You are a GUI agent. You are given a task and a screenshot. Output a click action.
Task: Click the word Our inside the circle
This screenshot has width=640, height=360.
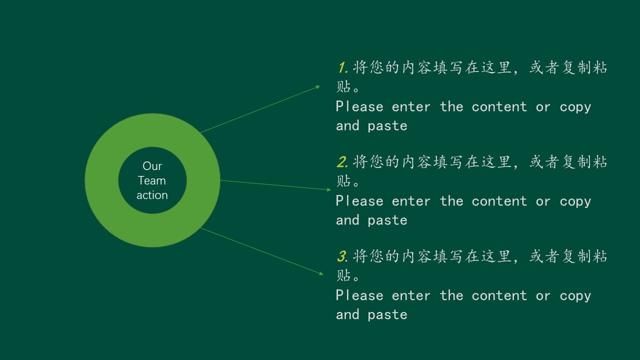[152, 166]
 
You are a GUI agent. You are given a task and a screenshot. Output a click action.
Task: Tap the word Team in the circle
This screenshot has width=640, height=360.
[151, 180]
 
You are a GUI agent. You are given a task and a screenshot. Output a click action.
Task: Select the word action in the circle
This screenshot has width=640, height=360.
[152, 195]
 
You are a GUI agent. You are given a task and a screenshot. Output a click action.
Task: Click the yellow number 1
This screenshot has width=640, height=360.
[342, 67]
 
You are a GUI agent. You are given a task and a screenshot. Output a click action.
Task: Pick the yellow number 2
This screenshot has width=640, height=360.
[342, 162]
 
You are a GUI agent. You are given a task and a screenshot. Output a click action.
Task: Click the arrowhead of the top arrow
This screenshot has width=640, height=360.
[317, 87]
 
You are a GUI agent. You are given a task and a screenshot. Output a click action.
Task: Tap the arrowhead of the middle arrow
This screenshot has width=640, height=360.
[329, 189]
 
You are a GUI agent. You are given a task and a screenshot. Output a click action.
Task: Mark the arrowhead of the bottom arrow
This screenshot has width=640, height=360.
[321, 273]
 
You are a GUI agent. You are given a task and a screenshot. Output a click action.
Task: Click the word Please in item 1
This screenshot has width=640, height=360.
[359, 106]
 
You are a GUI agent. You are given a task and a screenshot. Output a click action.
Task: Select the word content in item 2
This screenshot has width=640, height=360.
[499, 201]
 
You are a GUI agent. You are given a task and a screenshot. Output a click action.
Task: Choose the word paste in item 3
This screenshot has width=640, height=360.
[387, 315]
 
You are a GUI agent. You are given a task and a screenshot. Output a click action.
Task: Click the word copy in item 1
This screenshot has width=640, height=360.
[575, 107]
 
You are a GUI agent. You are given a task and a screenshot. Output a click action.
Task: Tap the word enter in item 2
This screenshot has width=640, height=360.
[411, 201]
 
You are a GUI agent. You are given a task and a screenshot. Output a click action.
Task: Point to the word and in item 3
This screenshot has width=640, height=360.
[347, 314]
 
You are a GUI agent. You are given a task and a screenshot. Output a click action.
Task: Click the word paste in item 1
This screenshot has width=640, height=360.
[387, 126]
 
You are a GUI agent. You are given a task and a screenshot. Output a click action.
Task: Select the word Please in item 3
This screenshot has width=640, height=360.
[359, 295]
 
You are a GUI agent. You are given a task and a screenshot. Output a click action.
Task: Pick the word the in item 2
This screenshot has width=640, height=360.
[451, 201]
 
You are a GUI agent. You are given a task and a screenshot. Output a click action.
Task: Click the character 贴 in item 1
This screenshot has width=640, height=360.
[343, 86]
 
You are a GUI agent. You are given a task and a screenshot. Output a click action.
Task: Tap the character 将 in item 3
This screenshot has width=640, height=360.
[360, 256]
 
